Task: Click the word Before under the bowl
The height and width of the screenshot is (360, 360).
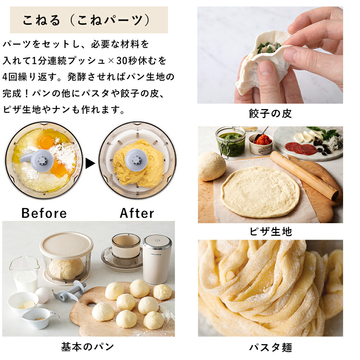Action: click(x=44, y=213)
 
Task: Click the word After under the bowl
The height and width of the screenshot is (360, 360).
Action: click(x=137, y=213)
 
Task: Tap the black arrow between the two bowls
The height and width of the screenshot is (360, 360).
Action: click(x=90, y=163)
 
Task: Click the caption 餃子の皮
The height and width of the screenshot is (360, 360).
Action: click(x=270, y=113)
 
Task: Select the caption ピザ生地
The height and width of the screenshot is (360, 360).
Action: click(x=271, y=231)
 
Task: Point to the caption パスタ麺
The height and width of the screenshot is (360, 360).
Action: click(x=271, y=347)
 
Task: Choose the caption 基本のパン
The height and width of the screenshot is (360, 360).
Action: click(x=87, y=346)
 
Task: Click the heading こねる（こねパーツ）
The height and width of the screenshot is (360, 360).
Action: click(x=86, y=20)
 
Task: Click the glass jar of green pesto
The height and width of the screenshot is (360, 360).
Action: click(x=231, y=142)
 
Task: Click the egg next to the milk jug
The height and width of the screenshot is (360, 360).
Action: click(x=42, y=295)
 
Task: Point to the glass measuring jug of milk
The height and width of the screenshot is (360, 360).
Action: click(x=24, y=274)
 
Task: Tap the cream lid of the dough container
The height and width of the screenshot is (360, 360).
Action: click(x=67, y=245)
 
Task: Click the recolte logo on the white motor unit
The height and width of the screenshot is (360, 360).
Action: click(x=156, y=255)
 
